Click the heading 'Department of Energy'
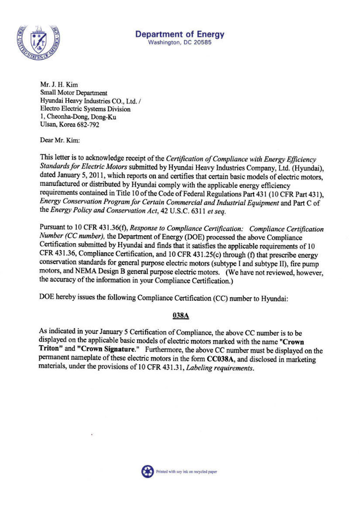click(180, 34)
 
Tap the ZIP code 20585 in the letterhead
click(201, 43)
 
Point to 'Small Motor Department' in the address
click(73, 92)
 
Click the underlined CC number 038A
click(180, 315)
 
